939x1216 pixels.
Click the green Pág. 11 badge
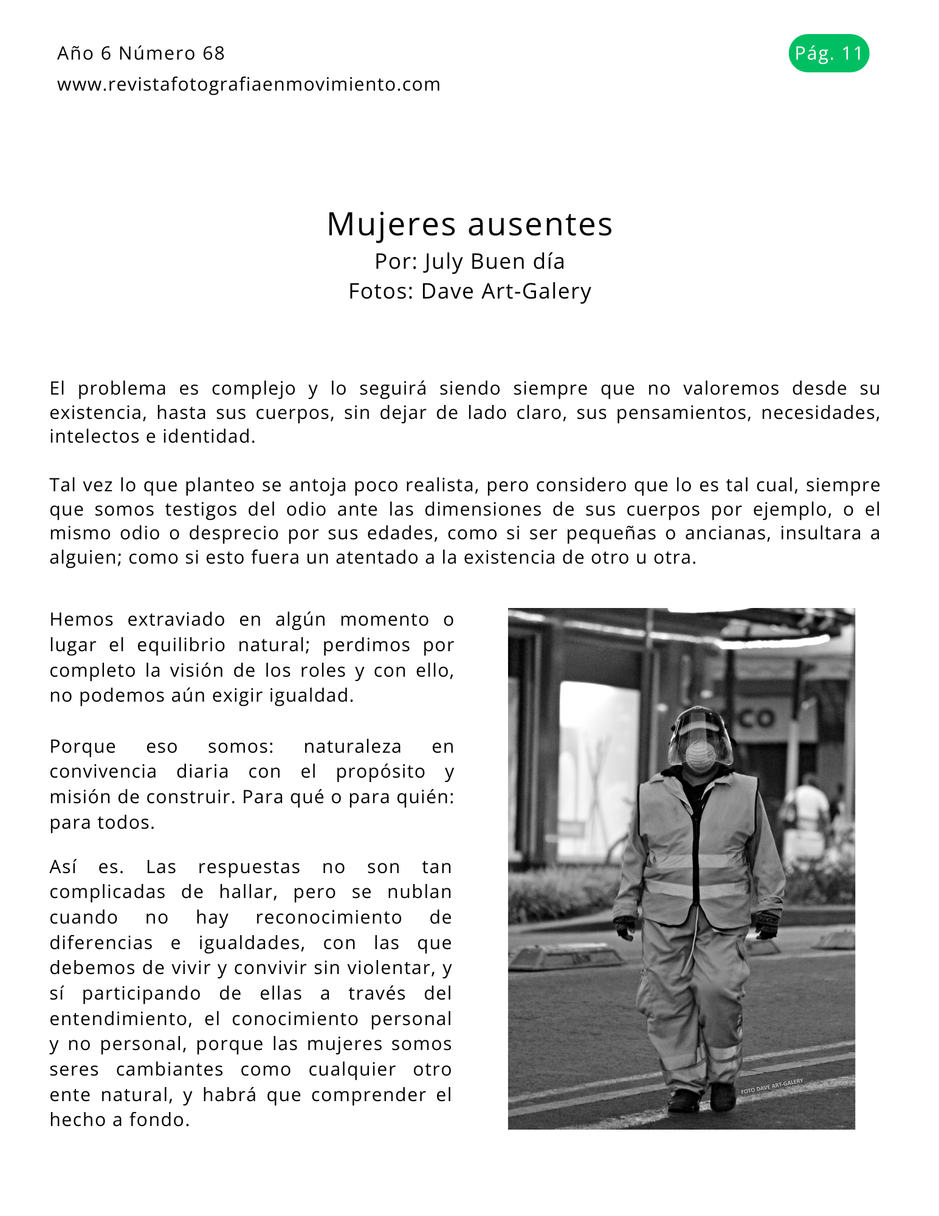(x=828, y=54)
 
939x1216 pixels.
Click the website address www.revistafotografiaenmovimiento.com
(x=249, y=85)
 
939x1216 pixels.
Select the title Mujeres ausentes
(x=469, y=224)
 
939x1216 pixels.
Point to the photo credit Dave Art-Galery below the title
(x=506, y=291)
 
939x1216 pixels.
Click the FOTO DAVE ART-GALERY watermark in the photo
(x=771, y=1086)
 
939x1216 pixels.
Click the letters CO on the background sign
(x=757, y=719)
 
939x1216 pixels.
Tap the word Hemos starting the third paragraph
(x=81, y=620)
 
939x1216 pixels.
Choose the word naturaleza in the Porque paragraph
(x=353, y=746)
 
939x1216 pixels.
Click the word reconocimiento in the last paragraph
(x=329, y=917)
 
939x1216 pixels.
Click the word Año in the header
(x=75, y=54)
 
